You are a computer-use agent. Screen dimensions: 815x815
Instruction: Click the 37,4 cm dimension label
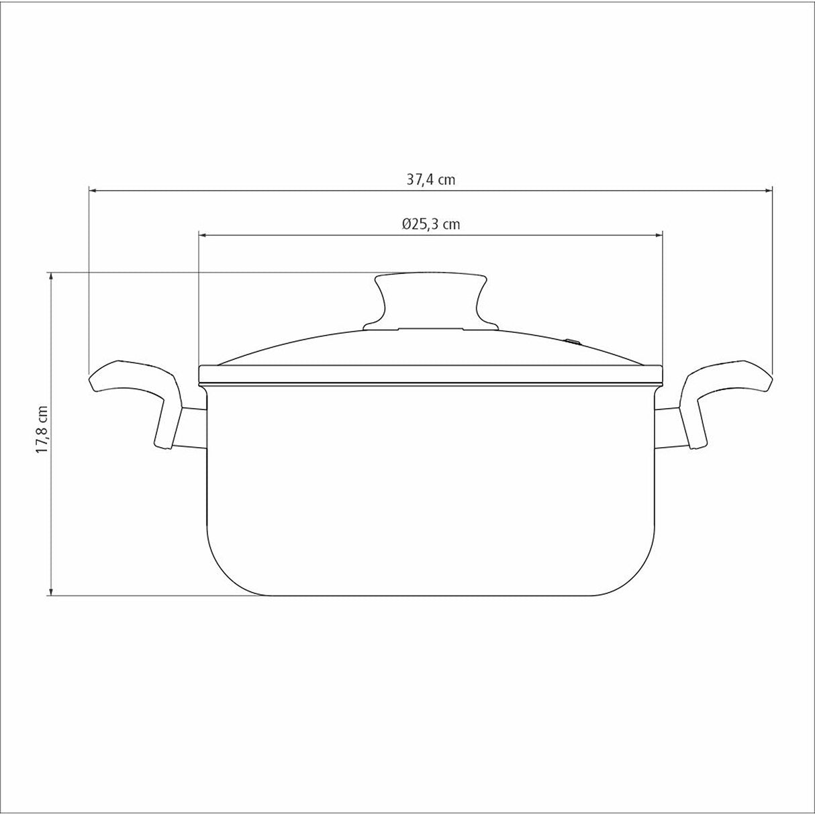point(430,180)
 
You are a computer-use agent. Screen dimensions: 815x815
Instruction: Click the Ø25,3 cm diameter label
point(431,224)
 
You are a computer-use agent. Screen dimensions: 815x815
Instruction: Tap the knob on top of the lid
point(430,301)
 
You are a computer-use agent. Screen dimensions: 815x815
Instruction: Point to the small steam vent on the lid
point(573,340)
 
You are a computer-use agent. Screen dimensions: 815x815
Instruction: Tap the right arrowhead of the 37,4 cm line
point(769,190)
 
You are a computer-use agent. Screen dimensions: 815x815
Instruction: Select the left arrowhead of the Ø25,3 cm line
point(203,234)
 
